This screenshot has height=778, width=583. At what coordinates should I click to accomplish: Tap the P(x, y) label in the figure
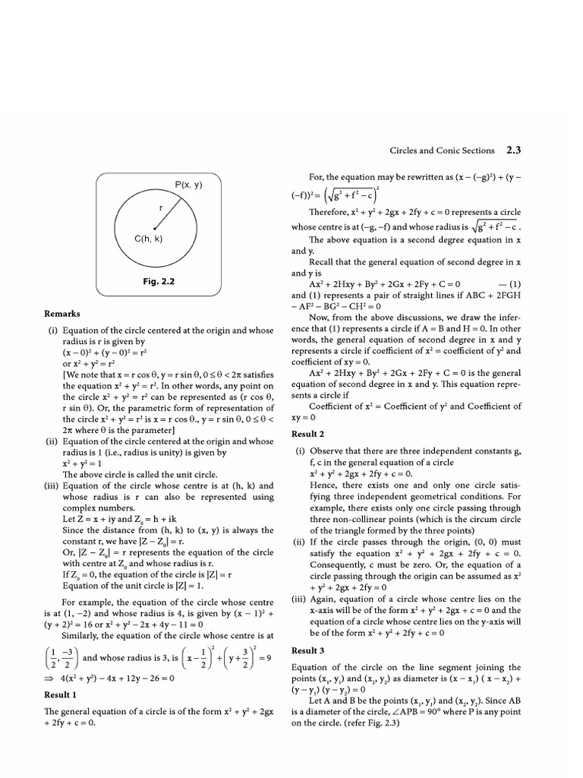pos(188,185)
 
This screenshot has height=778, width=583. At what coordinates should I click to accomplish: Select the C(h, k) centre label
pos(148,239)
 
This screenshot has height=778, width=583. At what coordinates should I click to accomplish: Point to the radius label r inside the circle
pos(160,207)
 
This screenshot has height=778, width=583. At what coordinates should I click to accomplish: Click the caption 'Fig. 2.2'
pos(159,281)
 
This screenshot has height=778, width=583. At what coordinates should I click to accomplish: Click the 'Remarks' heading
pos(62,313)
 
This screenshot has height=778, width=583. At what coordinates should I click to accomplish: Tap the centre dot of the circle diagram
pos(153,228)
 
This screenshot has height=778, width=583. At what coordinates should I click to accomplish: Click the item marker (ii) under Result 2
pos(301,542)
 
